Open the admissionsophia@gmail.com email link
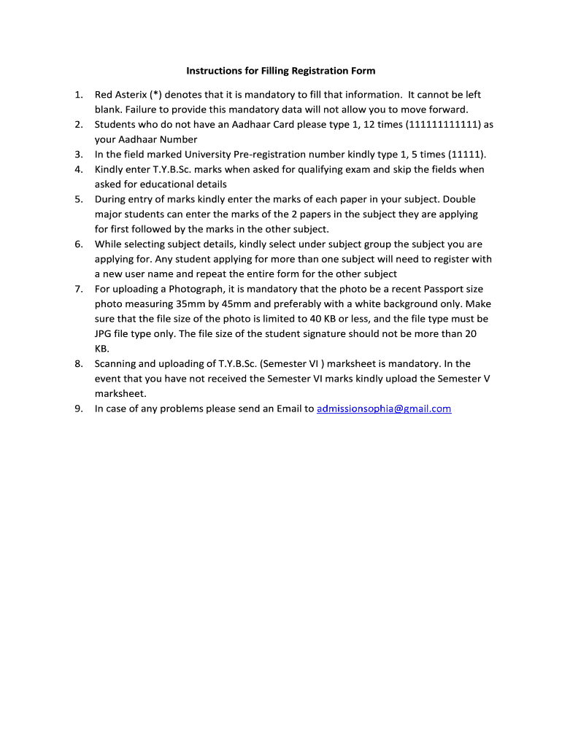384,409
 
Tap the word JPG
105,334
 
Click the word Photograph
187,290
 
